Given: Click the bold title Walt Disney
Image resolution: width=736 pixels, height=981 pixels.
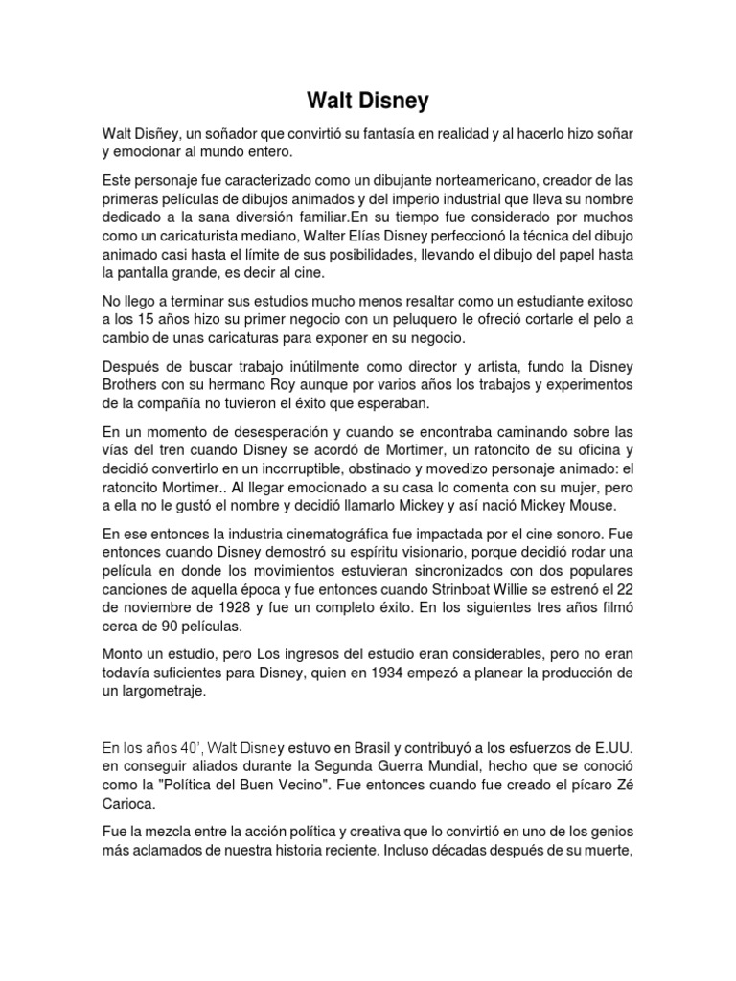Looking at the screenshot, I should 368,101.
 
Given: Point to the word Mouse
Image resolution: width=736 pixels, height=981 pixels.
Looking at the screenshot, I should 595,506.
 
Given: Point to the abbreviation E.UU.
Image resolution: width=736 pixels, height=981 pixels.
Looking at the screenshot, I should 609,745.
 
